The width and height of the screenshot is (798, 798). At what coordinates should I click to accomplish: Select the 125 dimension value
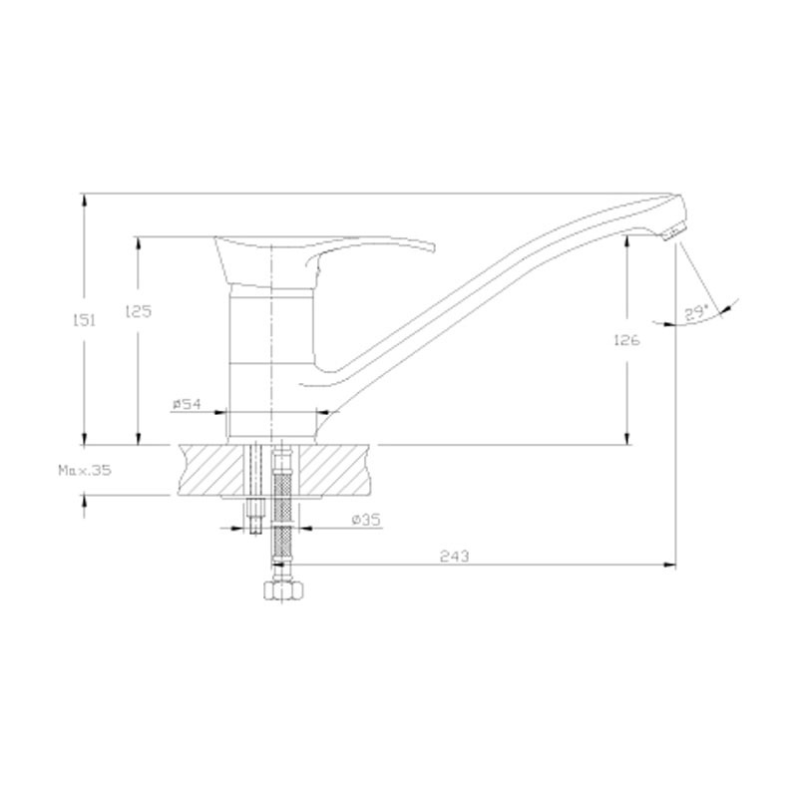tap(139, 311)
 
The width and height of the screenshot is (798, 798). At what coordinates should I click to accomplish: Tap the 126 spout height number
tap(627, 340)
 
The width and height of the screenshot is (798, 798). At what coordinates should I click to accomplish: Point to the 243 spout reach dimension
tap(455, 557)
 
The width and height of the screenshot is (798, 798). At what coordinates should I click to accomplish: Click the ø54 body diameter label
tap(187, 404)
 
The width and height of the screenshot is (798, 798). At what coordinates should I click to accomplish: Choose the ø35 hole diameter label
tap(366, 520)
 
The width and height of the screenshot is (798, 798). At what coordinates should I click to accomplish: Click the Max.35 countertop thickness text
tap(85, 470)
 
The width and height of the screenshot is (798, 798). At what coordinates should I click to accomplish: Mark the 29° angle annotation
tap(695, 312)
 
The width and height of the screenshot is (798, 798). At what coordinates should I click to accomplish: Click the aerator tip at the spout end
tap(669, 232)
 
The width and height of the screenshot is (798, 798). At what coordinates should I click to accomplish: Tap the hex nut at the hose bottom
tap(283, 590)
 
